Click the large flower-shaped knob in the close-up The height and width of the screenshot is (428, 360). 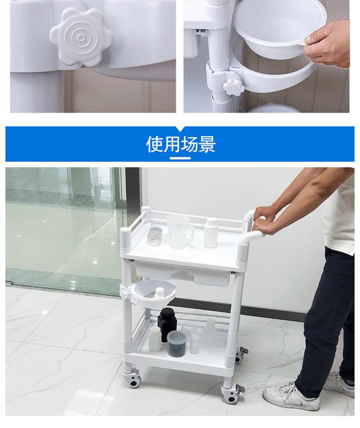[x=81, y=37]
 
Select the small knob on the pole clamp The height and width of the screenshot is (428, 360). [x=234, y=87]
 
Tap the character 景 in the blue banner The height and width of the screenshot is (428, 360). [x=207, y=144]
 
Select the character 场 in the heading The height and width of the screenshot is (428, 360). [x=190, y=144]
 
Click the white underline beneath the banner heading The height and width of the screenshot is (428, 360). [x=180, y=158]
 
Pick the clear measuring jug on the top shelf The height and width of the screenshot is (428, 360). [x=179, y=232]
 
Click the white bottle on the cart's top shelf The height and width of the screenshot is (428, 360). [x=211, y=233]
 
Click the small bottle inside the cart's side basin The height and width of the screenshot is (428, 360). [x=159, y=293]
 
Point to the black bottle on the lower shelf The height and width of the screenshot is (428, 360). [x=167, y=324]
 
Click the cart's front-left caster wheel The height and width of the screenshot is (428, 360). [x=133, y=378]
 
